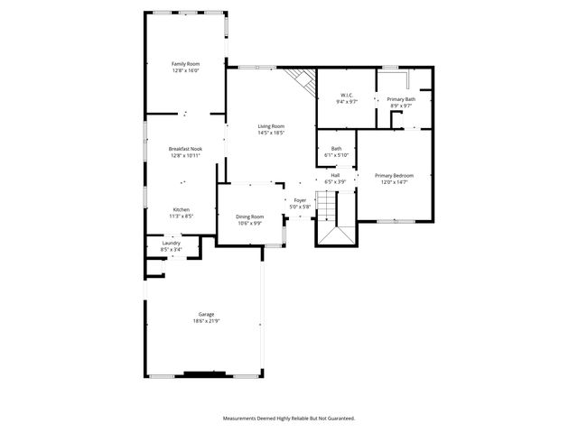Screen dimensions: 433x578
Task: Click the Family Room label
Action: coord(186,64)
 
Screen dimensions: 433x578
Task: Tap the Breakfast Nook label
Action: coord(185,149)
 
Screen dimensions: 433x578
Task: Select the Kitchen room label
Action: coord(182,210)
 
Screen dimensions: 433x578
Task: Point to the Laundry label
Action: coord(171,243)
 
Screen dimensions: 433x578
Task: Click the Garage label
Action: coord(206,314)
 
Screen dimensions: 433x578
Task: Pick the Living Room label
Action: coord(271,126)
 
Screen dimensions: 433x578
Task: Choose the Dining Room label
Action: coord(250,216)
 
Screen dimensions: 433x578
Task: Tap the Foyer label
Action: coord(300,200)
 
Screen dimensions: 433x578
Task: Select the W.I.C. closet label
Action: coord(347,96)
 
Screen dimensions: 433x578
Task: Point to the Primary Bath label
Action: coord(401,99)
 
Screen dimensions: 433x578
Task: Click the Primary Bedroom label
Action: coord(395,175)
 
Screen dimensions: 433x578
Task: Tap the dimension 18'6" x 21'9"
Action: coord(206,321)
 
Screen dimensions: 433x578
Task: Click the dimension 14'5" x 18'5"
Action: coord(271,134)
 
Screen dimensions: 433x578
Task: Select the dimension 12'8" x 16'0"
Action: coord(186,70)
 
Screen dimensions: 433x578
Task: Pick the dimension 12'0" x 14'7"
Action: coord(395,182)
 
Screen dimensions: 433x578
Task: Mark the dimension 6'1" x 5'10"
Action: coord(336,155)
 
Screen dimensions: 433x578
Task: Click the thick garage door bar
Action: coord(205,373)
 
